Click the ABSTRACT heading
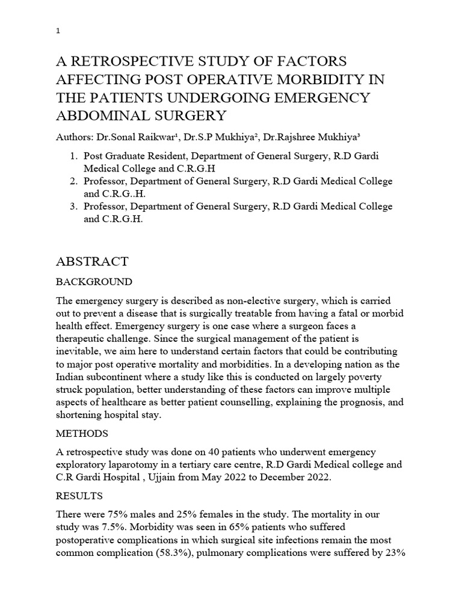[x=92, y=261]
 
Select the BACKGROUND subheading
[x=94, y=282]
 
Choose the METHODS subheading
[x=82, y=434]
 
